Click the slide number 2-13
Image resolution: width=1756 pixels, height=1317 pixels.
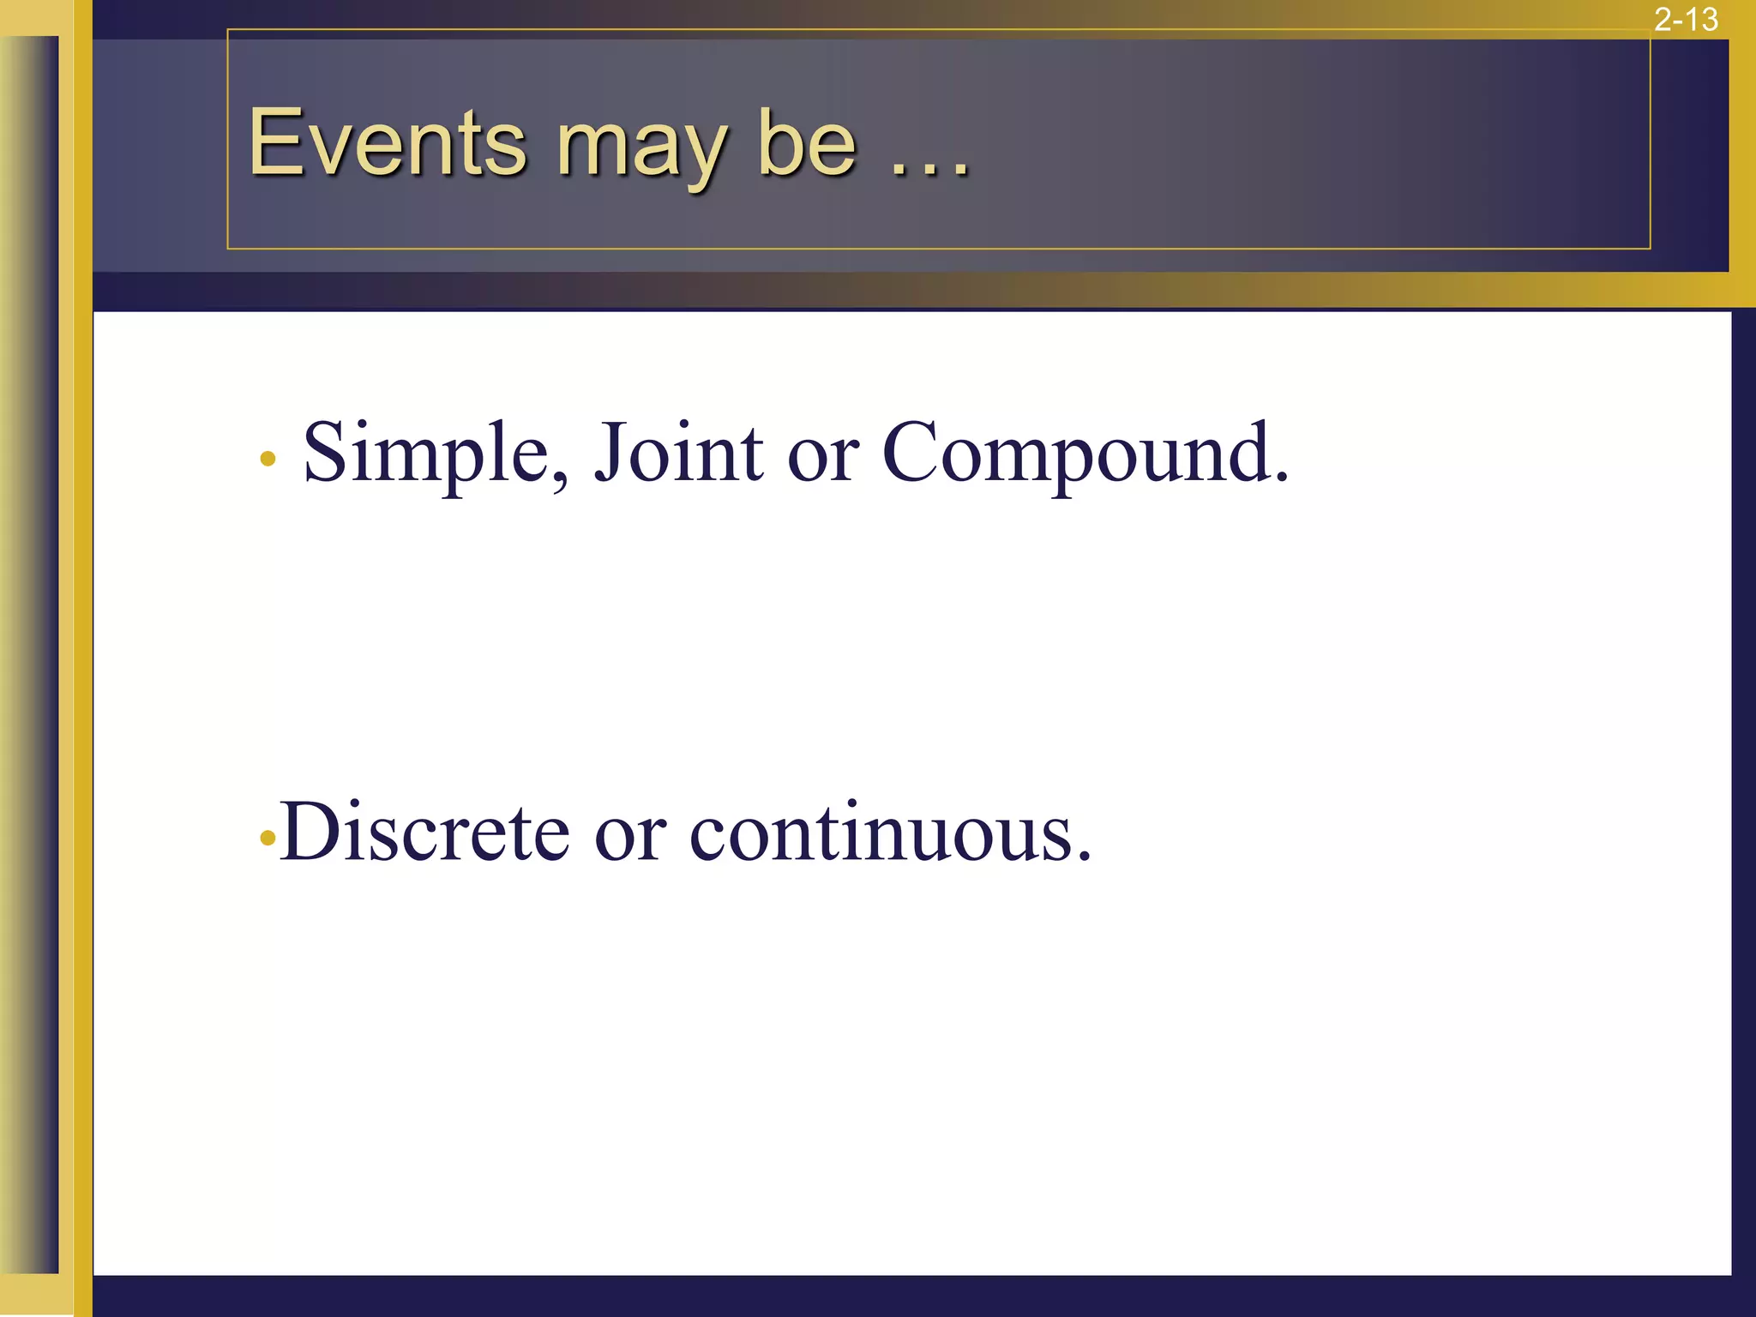pos(1685,19)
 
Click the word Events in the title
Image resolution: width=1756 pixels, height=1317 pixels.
pos(387,143)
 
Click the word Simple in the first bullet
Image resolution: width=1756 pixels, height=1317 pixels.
pos(425,454)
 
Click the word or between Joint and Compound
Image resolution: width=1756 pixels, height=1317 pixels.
pos(822,463)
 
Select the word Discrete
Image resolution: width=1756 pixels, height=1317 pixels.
pos(424,832)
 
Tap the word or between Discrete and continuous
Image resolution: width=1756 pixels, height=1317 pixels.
pos(629,840)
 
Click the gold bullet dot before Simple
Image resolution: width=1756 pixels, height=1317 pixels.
pos(268,460)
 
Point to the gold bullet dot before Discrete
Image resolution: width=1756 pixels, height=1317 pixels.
pos(268,838)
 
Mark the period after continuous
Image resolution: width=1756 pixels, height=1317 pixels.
pos(1084,857)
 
